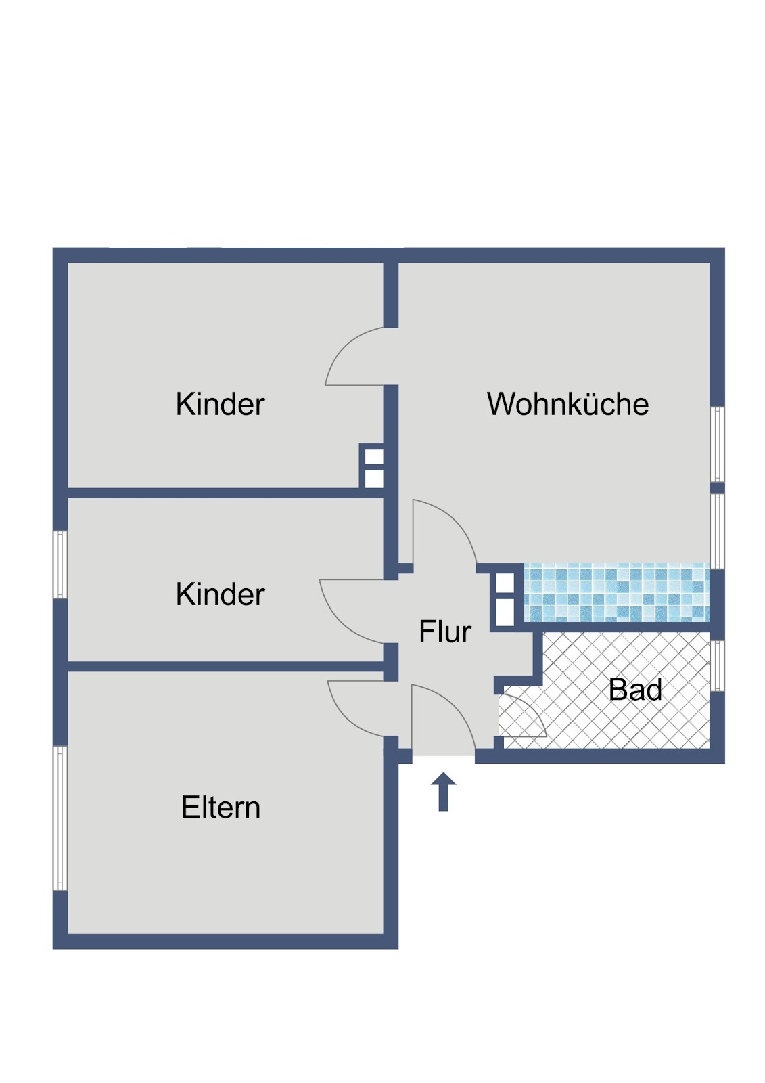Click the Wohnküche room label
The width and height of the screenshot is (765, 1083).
567,403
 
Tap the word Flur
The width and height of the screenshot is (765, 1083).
444,632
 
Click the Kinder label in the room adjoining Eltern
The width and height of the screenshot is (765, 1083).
220,594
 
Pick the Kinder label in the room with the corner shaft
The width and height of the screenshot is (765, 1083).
220,403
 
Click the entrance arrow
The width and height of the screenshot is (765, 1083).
443,791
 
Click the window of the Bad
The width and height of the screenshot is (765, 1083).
717,666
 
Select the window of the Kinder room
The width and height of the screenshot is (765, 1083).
60,565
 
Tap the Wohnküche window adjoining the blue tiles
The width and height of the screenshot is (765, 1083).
717,531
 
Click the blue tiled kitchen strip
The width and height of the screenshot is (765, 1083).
616,592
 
